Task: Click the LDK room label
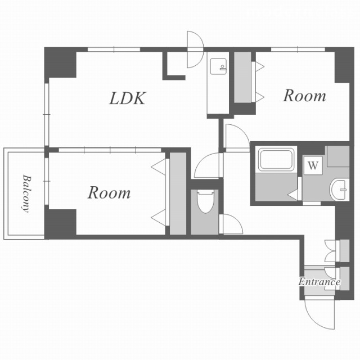click(x=128, y=98)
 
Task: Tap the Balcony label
click(x=26, y=194)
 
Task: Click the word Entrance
click(x=319, y=282)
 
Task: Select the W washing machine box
click(x=313, y=165)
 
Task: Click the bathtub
click(x=276, y=160)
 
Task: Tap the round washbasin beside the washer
click(x=339, y=190)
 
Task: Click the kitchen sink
click(x=218, y=66)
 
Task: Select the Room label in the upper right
click(x=304, y=96)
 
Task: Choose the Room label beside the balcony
click(x=109, y=192)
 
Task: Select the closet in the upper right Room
click(x=242, y=78)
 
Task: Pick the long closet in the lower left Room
click(x=178, y=193)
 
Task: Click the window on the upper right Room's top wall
click(x=298, y=49)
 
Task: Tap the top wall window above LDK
click(x=114, y=49)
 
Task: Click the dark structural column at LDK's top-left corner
click(x=60, y=62)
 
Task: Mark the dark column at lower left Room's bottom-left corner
click(x=60, y=224)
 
